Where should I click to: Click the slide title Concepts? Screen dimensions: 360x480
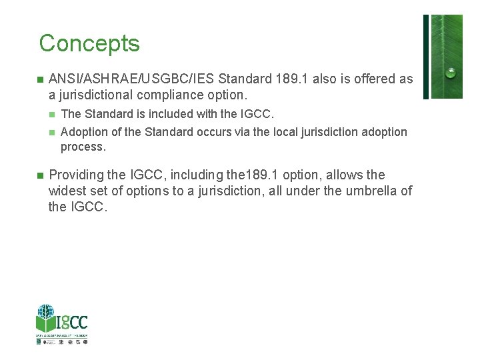89,43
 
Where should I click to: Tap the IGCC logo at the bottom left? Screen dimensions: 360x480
62,323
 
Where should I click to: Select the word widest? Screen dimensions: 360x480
68,191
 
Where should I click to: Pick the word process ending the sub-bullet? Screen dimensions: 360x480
83,147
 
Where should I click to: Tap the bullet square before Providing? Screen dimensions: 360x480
40,175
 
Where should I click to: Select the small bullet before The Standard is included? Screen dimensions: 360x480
53,115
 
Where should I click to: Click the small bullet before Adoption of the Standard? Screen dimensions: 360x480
53,133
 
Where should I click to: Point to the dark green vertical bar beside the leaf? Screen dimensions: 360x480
426,57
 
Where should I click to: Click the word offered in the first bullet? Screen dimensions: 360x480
365,79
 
